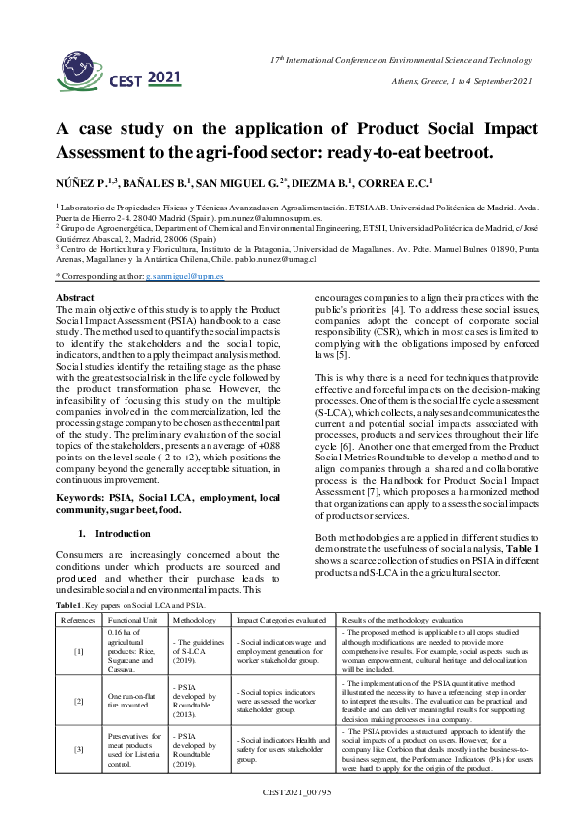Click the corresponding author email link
[x=185, y=280]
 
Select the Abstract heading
[x=75, y=297]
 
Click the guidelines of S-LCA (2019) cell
[x=195, y=652]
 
